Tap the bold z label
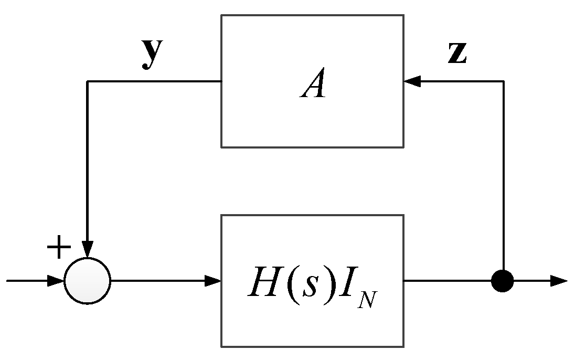pos(457,54)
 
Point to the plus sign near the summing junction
pos(59,247)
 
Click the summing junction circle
pos(88,281)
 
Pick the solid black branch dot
pos(503,281)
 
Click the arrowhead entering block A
pos(412,81)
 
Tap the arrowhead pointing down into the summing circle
pos(88,249)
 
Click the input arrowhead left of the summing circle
pos(56,281)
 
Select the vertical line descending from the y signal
pos(88,157)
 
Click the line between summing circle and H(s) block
pos(157,281)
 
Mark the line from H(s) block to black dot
pos(446,281)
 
